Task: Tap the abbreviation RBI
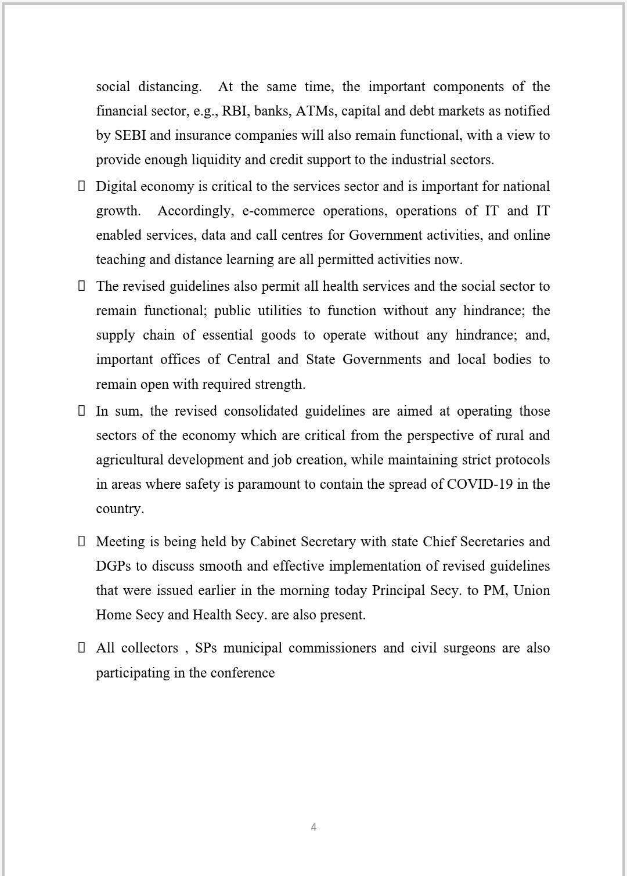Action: (234, 111)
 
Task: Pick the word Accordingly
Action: (194, 211)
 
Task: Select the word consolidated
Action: (261, 411)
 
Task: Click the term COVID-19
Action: (480, 484)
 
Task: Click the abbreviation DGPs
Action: (113, 566)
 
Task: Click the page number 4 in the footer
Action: (313, 827)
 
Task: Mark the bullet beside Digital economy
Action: (82, 186)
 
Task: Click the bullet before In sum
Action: (82, 410)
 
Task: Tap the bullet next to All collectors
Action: (82, 647)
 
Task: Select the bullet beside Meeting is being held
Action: (82, 541)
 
